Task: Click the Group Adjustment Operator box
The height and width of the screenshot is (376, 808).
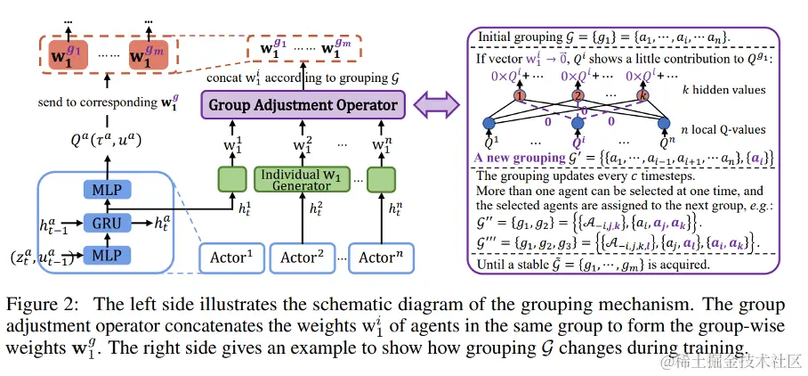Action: [x=303, y=106]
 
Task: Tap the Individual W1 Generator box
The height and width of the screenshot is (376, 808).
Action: [x=301, y=179]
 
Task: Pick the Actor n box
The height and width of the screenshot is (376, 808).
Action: [x=382, y=257]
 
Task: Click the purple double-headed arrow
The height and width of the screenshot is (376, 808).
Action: [x=436, y=106]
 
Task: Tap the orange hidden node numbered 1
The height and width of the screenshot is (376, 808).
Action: [x=521, y=96]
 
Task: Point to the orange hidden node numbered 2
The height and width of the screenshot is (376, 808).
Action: [x=578, y=96]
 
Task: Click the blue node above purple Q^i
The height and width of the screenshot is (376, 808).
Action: [x=578, y=124]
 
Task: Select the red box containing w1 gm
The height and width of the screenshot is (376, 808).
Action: [x=149, y=54]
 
